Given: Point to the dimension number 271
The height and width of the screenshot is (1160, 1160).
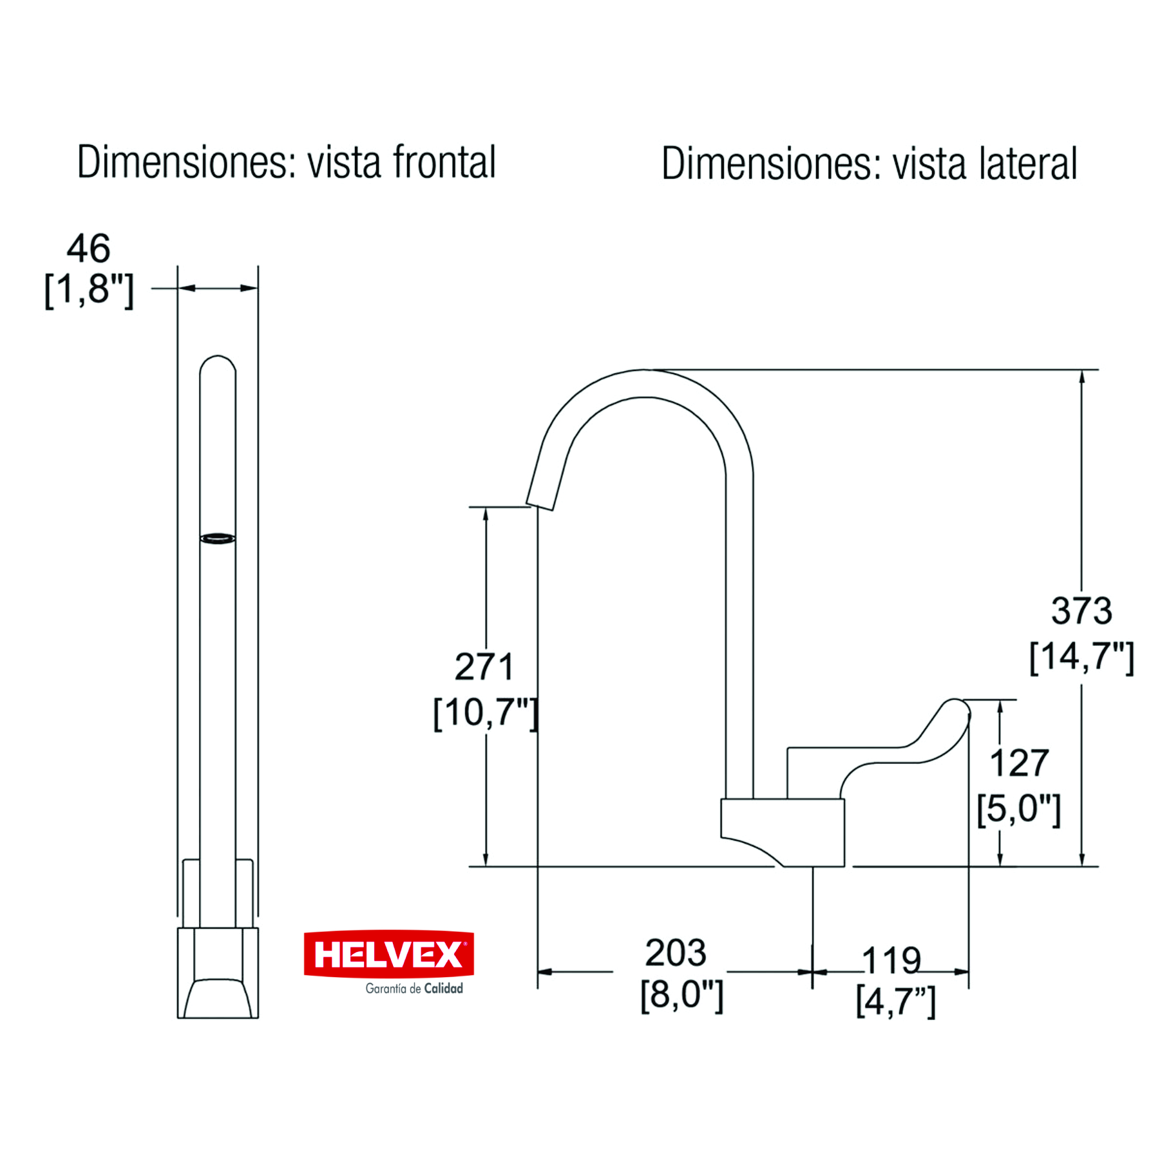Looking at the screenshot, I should [484, 667].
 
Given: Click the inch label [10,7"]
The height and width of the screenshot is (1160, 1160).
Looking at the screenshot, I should [485, 712].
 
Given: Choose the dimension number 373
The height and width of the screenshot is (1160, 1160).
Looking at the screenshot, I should [1081, 611].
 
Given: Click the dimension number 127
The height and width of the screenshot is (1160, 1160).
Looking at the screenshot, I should [1019, 763].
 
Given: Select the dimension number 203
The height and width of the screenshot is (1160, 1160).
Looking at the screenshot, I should [676, 953].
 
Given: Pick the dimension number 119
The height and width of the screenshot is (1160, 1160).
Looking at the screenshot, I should [891, 960].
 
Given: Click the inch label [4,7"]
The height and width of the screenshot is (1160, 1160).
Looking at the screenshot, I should [895, 1002].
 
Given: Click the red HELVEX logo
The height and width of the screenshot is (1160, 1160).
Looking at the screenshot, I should [388, 954].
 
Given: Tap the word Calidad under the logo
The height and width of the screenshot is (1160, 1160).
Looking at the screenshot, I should [443, 988].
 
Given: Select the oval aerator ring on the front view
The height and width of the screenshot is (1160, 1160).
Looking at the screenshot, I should [218, 538].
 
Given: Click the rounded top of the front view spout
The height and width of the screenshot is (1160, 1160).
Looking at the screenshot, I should [218, 361].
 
